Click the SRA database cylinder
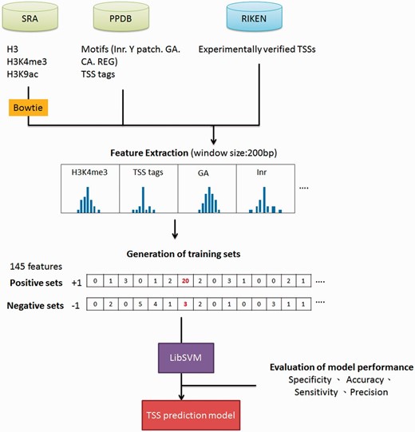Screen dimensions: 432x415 click(33, 16)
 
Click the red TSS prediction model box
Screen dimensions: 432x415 click(184, 416)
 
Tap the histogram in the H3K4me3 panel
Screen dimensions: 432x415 click(90, 203)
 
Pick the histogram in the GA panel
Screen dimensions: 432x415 click(205, 203)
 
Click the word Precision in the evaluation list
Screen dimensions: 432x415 click(367, 392)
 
